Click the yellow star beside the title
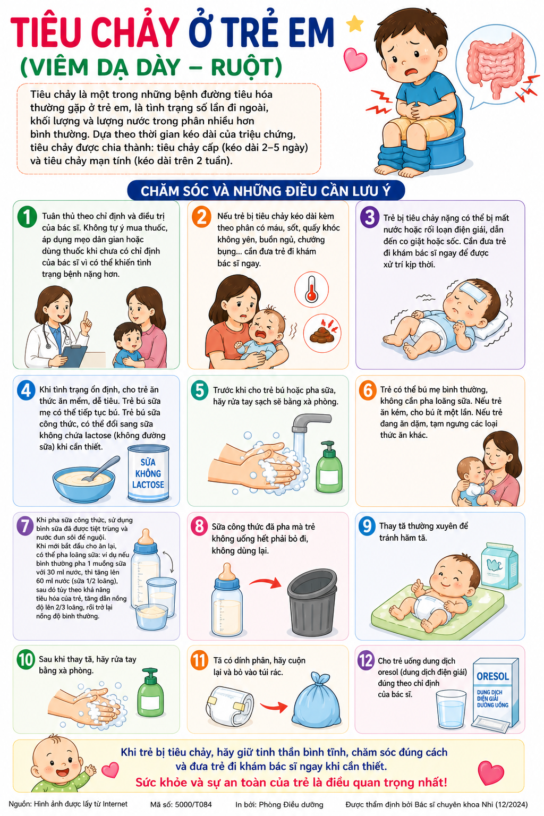(354, 24)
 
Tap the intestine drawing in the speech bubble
(496, 65)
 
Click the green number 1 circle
(27, 217)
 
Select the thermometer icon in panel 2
(311, 290)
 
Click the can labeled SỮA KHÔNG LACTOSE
(148, 473)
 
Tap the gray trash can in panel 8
(312, 605)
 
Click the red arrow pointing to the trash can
(266, 582)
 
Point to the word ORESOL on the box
(492, 676)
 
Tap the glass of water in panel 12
(451, 709)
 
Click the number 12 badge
(366, 660)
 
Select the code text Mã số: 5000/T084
(181, 804)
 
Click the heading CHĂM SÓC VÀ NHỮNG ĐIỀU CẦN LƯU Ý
(266, 191)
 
